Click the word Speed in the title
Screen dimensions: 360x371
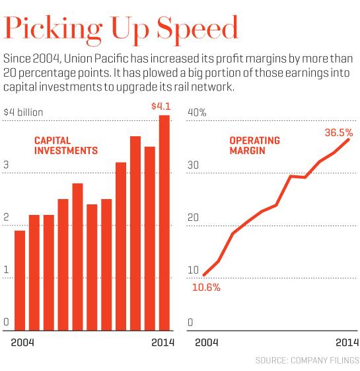198,29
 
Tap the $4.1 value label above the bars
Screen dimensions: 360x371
161,106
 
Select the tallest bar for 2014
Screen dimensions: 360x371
164,223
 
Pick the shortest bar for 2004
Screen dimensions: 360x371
20,280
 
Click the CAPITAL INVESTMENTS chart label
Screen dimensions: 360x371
66,145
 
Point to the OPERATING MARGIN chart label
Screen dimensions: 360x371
255,145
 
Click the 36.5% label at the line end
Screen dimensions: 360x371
339,132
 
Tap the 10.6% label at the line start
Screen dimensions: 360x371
206,288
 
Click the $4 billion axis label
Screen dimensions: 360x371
23,112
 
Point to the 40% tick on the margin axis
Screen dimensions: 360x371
197,112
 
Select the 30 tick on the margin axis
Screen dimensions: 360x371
193,165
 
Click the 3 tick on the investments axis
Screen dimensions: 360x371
6,165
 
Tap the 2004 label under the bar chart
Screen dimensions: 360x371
22,343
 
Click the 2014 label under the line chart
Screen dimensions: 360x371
347,343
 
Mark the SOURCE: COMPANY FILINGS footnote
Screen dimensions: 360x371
307,360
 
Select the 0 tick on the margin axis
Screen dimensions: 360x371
190,322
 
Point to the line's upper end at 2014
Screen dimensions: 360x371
348,140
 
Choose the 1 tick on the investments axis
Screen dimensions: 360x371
6,270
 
